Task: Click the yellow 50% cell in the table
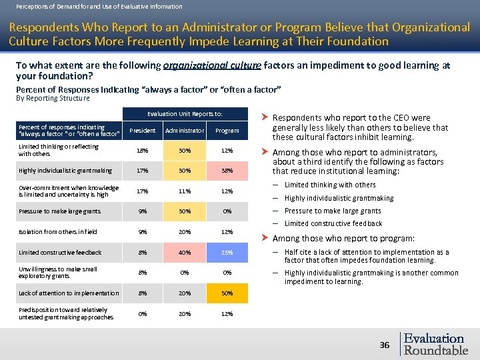point(227,293)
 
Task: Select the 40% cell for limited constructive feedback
point(185,253)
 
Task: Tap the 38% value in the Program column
point(227,171)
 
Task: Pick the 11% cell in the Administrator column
point(185,191)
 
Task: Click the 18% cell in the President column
point(142,151)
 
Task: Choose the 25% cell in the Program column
point(227,253)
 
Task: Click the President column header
point(142,131)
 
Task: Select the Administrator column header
point(185,131)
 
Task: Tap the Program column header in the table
point(227,131)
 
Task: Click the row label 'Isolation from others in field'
point(58,232)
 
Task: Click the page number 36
point(385,345)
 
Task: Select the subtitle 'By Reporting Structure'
point(53,98)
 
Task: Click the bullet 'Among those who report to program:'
point(344,239)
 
